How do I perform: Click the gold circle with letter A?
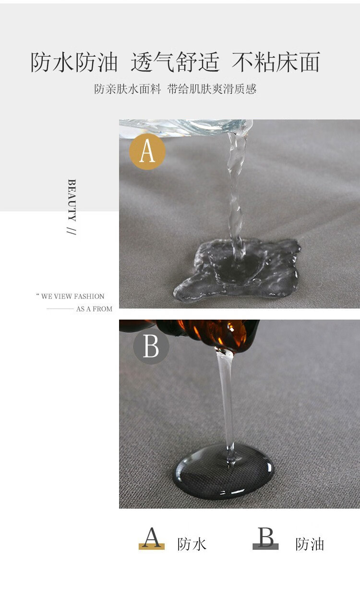tap(147, 152)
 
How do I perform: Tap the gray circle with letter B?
tap(151, 346)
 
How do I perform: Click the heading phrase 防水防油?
tap(74, 62)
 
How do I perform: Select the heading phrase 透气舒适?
tap(175, 62)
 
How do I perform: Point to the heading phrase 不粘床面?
tap(276, 62)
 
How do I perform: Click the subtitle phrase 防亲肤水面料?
tap(128, 89)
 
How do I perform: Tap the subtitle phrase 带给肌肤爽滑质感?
tap(212, 89)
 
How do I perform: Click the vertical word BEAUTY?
tap(72, 200)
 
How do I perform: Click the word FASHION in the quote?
tap(89, 296)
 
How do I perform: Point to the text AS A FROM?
tap(94, 309)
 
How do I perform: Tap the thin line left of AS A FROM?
tap(60, 309)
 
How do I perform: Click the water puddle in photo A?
tap(237, 270)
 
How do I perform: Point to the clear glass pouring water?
tap(186, 128)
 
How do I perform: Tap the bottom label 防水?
tap(192, 544)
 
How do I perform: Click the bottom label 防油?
tap(310, 544)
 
